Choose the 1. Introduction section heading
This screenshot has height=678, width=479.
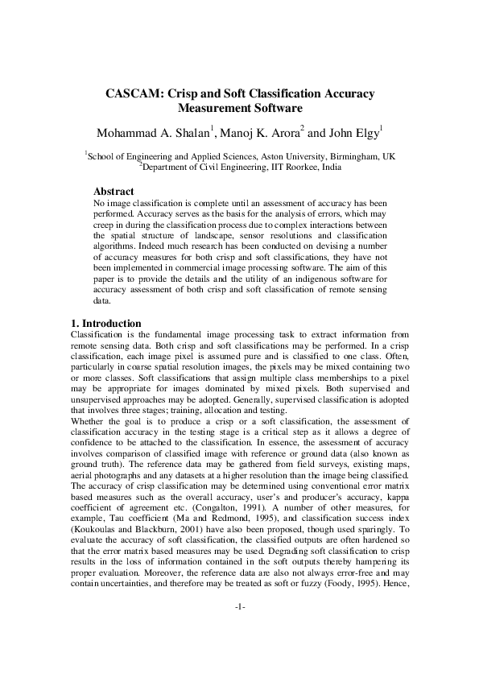(107, 324)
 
